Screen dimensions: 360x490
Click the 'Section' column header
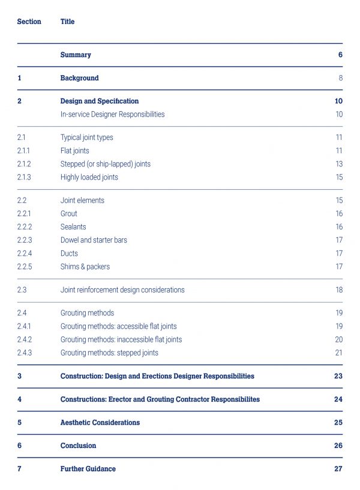coord(29,22)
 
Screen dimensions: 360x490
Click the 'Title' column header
coord(67,22)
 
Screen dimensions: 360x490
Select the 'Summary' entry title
coord(76,55)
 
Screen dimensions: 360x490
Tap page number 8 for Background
coord(341,78)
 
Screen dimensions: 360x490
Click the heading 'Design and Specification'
coord(100,101)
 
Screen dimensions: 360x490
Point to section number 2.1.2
coord(24,164)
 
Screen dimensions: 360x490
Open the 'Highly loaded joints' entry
coord(89,177)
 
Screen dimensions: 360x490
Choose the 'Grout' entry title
coord(68,214)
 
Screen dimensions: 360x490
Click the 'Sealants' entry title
coord(73,227)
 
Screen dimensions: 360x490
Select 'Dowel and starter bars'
coord(94,240)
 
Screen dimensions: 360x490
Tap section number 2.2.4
coord(25,253)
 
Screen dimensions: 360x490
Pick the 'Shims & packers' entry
coord(85,267)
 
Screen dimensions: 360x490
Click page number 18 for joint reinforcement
coord(339,289)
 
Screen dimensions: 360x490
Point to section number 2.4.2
coord(25,339)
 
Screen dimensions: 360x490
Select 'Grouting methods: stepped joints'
coord(109,353)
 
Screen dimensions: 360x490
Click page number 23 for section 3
coord(338,376)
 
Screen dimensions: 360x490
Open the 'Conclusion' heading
coord(78,446)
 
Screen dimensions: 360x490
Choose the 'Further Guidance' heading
coord(88,469)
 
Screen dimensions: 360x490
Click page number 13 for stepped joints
coord(339,164)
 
